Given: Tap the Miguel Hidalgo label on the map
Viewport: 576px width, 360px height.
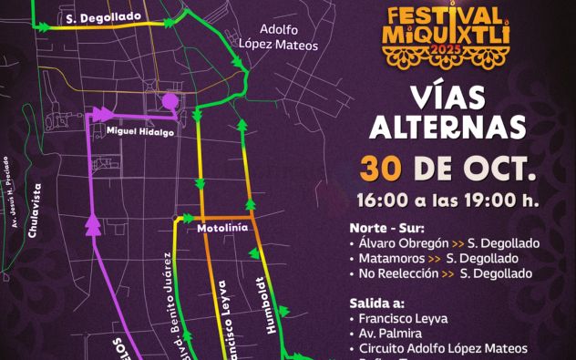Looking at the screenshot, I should click(x=140, y=130).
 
